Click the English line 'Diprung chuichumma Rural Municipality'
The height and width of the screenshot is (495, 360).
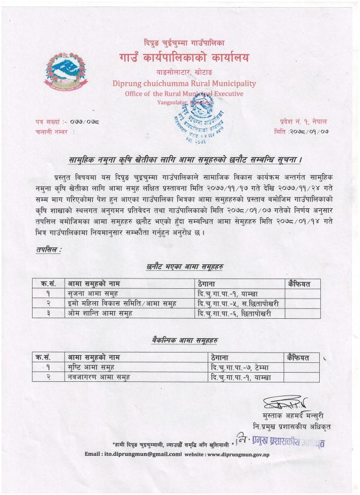(x=184, y=84)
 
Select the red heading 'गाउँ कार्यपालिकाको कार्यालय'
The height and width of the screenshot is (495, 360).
(x=184, y=58)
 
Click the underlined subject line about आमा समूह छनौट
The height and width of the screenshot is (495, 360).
(x=185, y=160)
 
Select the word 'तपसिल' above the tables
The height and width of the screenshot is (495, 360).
(x=48, y=250)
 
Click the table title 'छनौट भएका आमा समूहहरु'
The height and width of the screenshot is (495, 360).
(x=185, y=267)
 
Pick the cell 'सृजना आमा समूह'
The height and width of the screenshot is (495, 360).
(x=92, y=294)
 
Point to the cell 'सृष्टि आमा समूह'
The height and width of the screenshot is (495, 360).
(x=92, y=367)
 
